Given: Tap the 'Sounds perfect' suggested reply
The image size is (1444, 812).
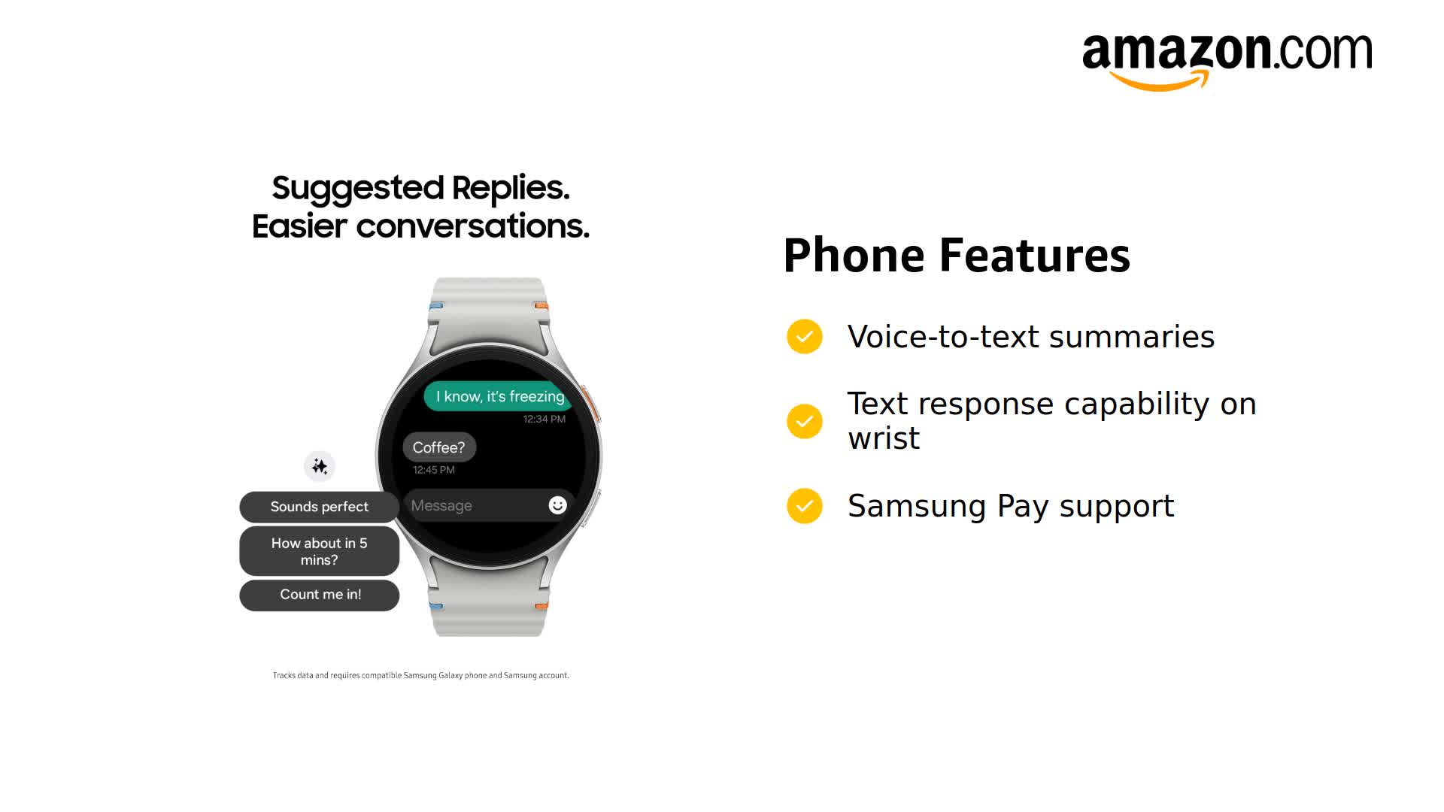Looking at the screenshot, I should [319, 507].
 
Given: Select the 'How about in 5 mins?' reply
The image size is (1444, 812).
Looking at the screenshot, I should [319, 551].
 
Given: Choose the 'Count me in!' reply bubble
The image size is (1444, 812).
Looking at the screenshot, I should [319, 595].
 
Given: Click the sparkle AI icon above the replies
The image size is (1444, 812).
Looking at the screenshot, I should [320, 466].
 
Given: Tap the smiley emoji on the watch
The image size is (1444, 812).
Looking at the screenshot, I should [557, 505].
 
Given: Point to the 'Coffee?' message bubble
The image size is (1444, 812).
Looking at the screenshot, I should [438, 447].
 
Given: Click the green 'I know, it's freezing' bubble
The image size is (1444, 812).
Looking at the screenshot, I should [499, 396].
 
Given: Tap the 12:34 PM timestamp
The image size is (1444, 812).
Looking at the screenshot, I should [544, 419].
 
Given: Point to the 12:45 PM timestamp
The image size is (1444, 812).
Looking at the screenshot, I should [434, 470].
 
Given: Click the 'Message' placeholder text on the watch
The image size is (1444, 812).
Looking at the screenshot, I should [441, 506].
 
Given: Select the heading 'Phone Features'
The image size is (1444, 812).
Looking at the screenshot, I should [956, 256].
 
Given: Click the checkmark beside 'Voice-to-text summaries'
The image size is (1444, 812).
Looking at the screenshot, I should [805, 336].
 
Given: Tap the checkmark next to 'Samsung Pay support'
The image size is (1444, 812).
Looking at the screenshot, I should [805, 506].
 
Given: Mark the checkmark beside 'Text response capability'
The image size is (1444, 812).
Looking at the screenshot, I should [805, 421].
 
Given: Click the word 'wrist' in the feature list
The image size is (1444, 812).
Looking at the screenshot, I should [884, 438].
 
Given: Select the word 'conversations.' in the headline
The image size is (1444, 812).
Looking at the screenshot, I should [472, 226].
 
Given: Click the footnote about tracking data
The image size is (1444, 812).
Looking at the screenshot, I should [420, 675].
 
